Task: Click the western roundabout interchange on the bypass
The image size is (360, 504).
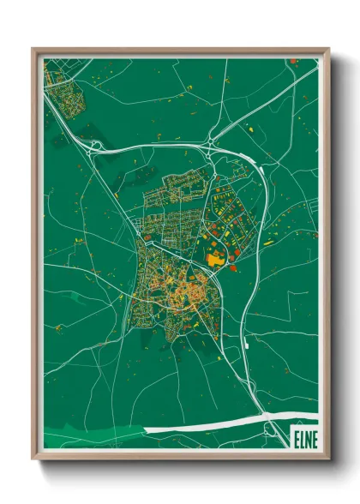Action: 93,146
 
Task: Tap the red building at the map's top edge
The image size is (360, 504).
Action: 293,61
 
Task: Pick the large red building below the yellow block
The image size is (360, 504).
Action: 231,269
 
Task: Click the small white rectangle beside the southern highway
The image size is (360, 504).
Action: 246,344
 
